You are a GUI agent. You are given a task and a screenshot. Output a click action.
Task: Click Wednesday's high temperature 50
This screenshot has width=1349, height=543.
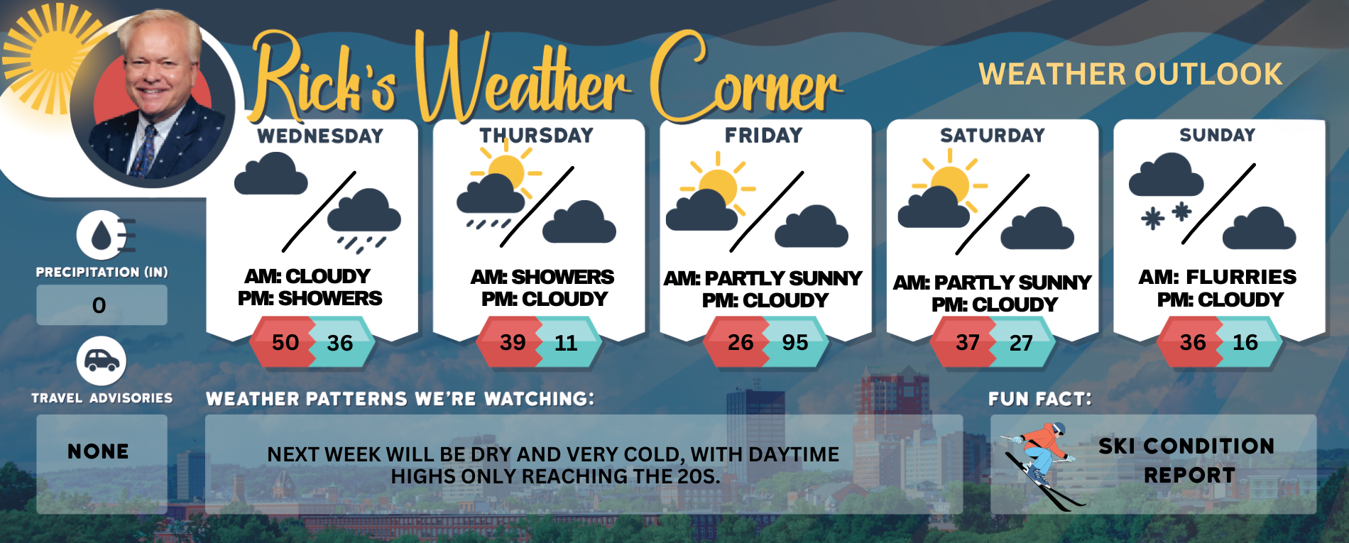point(285,343)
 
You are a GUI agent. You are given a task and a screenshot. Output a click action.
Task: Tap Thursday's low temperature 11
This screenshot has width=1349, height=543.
point(566,344)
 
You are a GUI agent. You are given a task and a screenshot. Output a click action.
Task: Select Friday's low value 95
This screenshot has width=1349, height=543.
point(795,343)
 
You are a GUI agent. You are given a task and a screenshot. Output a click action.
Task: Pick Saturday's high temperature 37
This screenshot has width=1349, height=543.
point(967,343)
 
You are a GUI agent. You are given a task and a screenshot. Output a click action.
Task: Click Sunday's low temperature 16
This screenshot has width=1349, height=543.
point(1245,343)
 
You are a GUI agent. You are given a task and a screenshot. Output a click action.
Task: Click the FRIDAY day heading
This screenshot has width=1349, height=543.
point(763,135)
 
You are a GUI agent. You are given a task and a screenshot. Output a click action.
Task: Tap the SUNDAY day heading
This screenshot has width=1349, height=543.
point(1217,135)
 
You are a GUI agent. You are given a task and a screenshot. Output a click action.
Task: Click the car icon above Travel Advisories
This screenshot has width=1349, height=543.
point(102,361)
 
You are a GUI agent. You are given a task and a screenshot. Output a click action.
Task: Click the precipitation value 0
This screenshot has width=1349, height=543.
point(99,306)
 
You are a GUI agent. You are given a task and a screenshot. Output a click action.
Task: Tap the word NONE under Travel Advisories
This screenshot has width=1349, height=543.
point(99,451)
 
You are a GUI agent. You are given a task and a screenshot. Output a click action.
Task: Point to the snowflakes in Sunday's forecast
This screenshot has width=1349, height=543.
point(1166,215)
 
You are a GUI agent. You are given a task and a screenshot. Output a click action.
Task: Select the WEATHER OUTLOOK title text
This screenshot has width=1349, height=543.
point(1130,75)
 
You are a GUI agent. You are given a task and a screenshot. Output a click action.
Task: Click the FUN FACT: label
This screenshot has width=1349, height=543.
point(1039,399)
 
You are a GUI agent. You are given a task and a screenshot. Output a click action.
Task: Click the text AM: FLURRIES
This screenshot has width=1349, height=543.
point(1217,277)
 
